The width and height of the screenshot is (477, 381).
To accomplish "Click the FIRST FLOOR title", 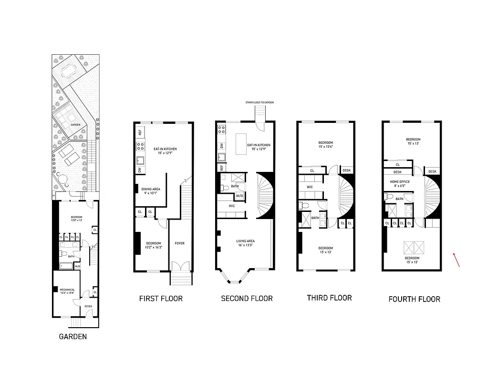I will [x=161, y=299].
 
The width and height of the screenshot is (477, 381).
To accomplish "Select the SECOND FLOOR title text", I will [x=247, y=299].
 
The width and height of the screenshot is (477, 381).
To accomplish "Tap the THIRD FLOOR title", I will [x=329, y=298].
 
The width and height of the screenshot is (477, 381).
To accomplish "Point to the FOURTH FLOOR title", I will [x=414, y=299].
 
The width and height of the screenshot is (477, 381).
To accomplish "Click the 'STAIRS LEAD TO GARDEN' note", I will [x=260, y=102].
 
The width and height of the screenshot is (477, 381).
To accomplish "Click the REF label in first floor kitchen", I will [x=140, y=132].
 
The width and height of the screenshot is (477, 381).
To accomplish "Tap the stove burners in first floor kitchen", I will [x=141, y=147].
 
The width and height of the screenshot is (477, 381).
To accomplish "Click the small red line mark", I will [x=456, y=260].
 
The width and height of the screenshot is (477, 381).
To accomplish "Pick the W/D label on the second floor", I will [x=239, y=196].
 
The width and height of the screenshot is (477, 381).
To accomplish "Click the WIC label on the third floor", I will [x=310, y=187].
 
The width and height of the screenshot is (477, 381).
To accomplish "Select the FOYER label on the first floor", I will [x=179, y=243].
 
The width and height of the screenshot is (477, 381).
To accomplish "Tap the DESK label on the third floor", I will [x=346, y=170].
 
